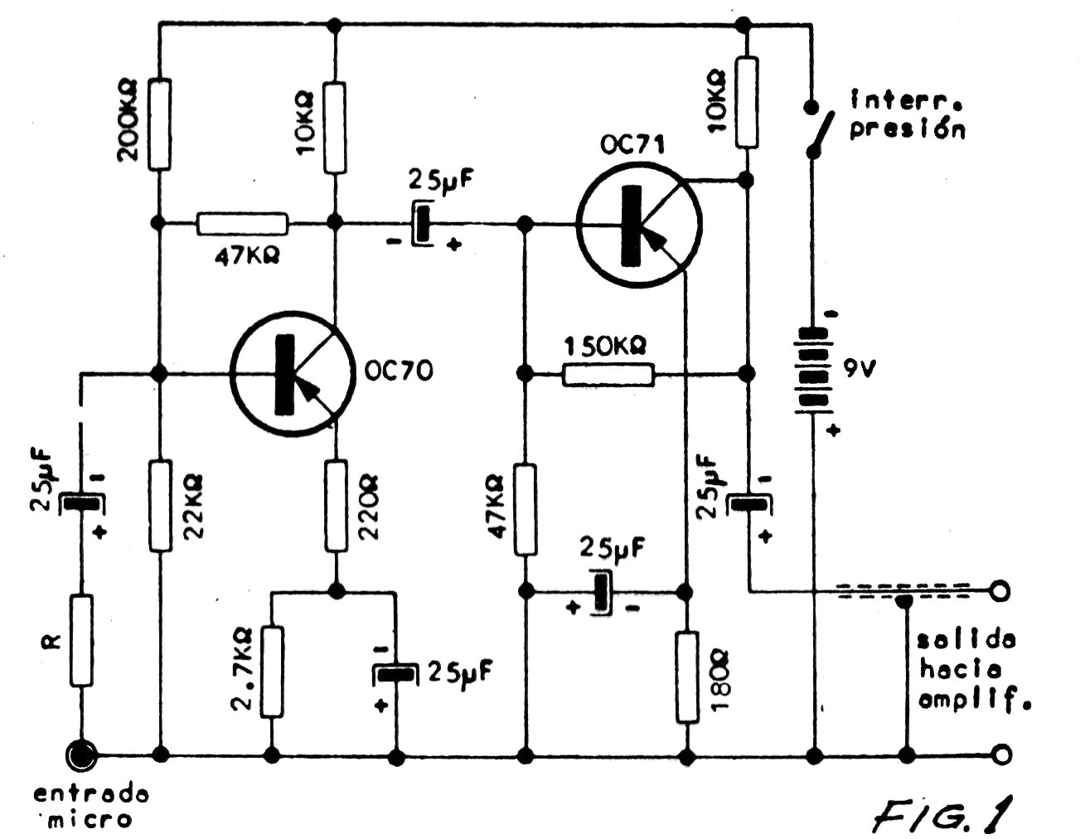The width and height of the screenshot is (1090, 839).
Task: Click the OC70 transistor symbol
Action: coord(293,373)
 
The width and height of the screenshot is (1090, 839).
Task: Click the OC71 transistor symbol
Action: coord(639,224)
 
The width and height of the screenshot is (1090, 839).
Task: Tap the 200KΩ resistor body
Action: coord(159,124)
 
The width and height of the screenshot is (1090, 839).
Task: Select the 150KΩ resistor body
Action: coord(608,374)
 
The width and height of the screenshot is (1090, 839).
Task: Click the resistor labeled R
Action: coord(81,640)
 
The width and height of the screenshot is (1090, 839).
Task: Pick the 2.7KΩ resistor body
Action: coord(272,672)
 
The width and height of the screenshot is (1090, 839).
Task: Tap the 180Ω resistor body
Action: coord(686,677)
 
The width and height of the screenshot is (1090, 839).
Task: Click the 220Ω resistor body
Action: coord(336,506)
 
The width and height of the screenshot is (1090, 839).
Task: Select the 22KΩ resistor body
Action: coord(160,506)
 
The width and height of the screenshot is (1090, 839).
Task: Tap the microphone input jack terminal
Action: coord(82,754)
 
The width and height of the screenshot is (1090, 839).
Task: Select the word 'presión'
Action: coord(908,129)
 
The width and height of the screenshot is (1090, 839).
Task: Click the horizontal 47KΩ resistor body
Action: coord(243,224)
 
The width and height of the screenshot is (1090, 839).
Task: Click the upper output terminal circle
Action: coord(1000,590)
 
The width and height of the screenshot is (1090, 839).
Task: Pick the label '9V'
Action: coord(860,370)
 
